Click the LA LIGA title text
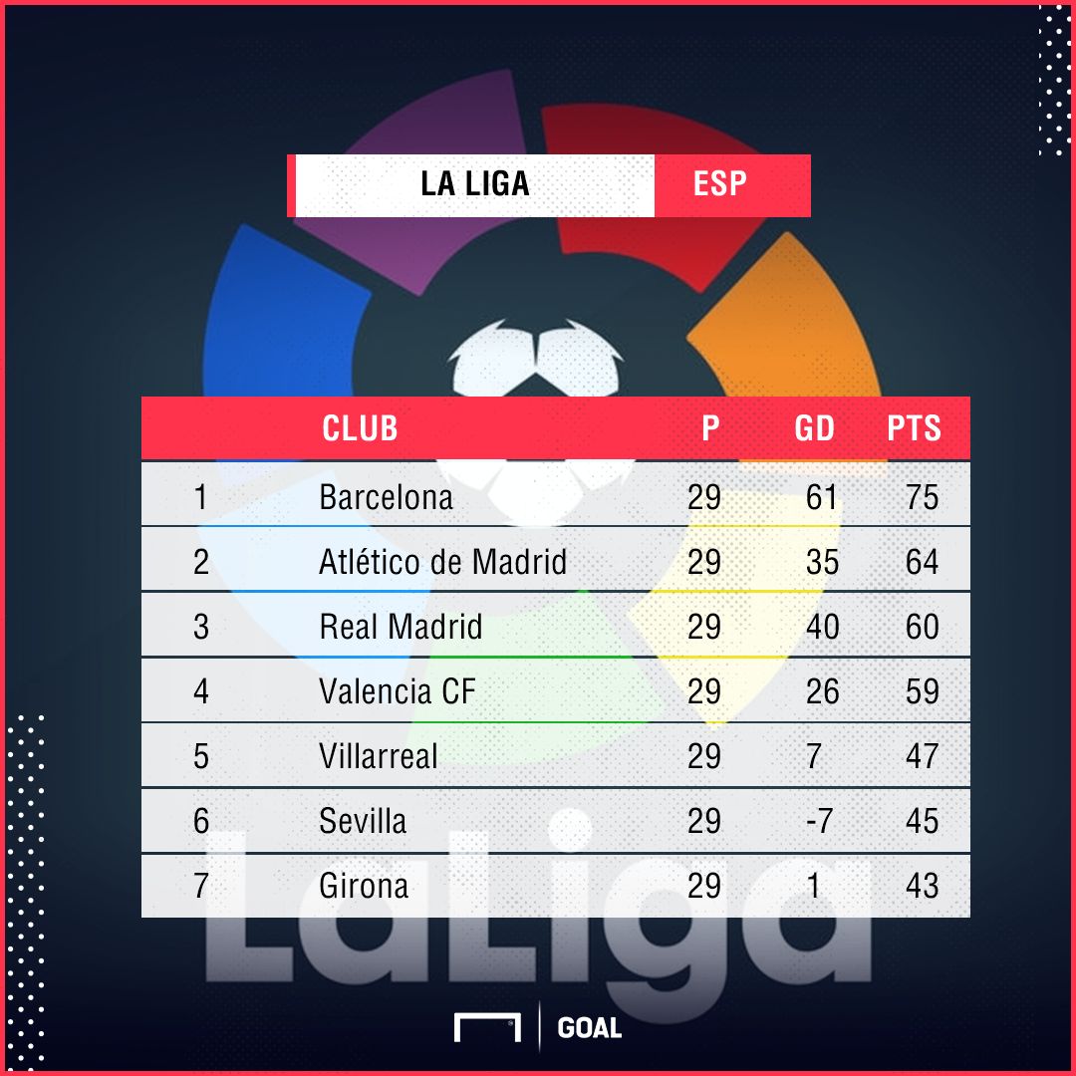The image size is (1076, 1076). (x=475, y=184)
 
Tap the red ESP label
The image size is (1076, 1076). (x=719, y=184)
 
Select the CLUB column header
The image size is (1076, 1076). (x=360, y=428)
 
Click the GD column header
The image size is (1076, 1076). (x=814, y=428)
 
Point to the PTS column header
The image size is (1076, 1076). (x=914, y=428)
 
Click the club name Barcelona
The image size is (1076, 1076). (x=386, y=497)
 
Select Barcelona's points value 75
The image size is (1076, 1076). (x=922, y=497)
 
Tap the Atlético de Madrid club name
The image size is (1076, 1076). (x=442, y=562)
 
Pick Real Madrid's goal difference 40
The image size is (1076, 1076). (x=822, y=627)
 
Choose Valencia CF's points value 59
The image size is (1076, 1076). (x=922, y=691)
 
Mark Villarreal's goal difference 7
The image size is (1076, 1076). (x=814, y=756)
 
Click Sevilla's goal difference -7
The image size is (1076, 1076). (x=819, y=821)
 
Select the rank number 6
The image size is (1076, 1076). (x=201, y=821)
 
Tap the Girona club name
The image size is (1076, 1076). (x=364, y=886)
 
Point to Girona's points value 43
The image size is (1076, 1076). (x=922, y=886)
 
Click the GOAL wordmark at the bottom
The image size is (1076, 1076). (x=590, y=1028)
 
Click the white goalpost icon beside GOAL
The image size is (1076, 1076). (x=487, y=1028)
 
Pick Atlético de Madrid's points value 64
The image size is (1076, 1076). (x=922, y=562)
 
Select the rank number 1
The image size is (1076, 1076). (x=201, y=497)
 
